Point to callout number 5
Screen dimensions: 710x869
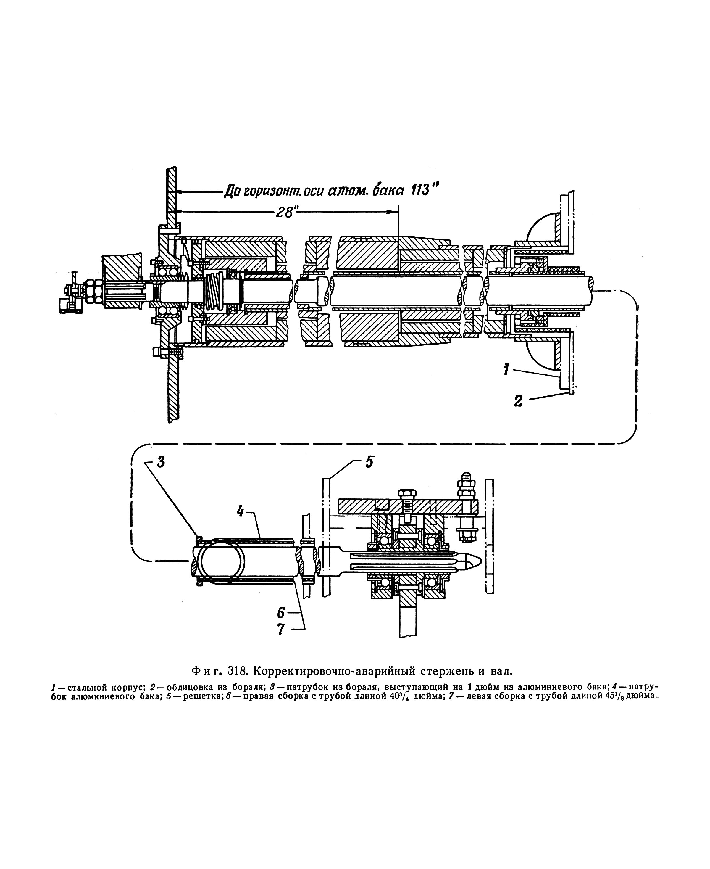[369, 462]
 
